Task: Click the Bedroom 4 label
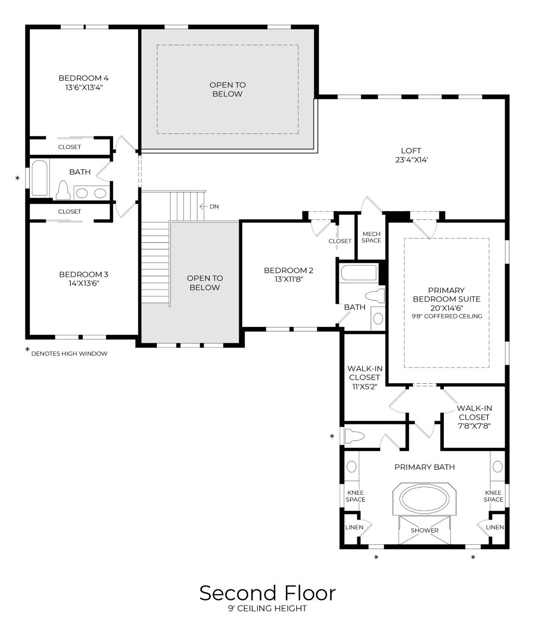(x=83, y=78)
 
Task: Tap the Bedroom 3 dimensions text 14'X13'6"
(x=83, y=284)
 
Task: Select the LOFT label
(x=411, y=151)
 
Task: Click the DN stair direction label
(x=214, y=207)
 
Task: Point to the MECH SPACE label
(x=371, y=237)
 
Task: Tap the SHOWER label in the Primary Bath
(x=424, y=530)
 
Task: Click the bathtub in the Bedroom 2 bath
(x=359, y=273)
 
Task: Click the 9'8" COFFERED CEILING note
(x=446, y=316)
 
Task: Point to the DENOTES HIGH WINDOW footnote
(x=69, y=354)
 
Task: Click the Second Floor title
(x=268, y=593)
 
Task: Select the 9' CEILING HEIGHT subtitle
(x=268, y=609)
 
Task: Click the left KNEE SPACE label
(x=355, y=496)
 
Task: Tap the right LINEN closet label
(x=495, y=527)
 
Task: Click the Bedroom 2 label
(x=288, y=271)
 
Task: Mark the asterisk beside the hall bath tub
(x=18, y=179)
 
